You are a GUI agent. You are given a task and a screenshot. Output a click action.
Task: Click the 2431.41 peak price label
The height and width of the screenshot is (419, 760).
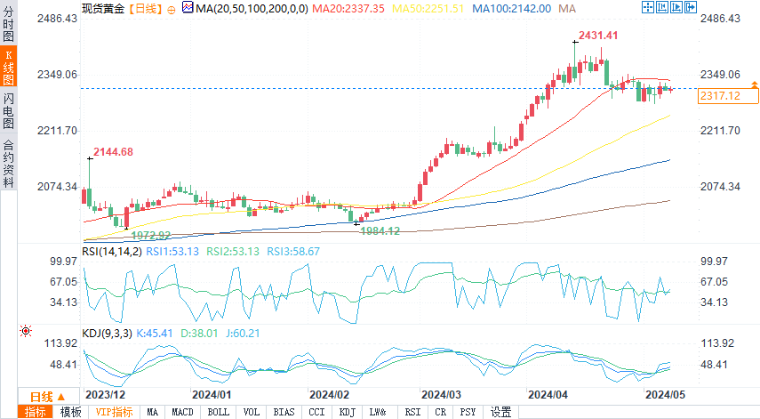(598, 35)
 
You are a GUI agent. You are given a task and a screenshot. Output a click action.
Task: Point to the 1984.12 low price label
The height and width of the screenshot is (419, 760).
(380, 231)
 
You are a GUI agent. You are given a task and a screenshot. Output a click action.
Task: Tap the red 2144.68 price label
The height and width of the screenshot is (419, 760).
(113, 152)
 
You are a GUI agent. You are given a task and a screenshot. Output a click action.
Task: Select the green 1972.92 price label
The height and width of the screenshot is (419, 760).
(151, 235)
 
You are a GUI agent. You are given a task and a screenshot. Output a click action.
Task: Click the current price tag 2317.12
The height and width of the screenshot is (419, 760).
(720, 95)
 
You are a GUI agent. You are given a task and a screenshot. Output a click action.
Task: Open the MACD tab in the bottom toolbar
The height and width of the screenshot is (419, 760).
(183, 412)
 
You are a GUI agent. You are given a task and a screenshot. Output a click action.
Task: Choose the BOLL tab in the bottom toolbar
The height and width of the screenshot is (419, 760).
(218, 412)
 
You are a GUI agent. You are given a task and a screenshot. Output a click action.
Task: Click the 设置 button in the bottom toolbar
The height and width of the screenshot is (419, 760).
(501, 412)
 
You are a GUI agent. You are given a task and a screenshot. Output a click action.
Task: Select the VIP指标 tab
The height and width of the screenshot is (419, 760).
(114, 412)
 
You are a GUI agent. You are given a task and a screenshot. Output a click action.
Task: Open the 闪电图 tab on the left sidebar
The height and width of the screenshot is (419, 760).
(9, 110)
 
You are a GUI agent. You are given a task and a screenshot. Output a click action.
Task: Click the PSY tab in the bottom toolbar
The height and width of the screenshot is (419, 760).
(468, 412)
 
